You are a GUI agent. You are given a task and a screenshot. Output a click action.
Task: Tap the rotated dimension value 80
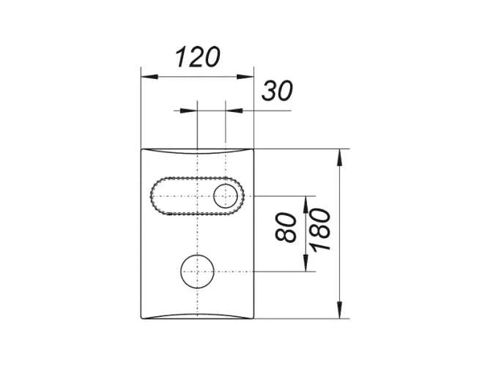pyautogui.click(x=288, y=228)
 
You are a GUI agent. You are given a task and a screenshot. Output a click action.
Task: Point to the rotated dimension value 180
pyautogui.click(x=321, y=229)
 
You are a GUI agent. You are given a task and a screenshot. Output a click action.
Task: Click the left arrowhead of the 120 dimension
pyautogui.click(x=145, y=75)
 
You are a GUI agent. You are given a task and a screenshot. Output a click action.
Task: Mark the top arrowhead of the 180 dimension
pyautogui.click(x=340, y=154)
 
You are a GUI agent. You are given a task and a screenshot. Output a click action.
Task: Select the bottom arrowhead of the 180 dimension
pyautogui.click(x=340, y=313)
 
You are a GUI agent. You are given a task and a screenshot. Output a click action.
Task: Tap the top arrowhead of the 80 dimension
pyautogui.click(x=306, y=201)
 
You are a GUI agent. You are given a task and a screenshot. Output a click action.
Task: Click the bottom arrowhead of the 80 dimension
pyautogui.click(x=306, y=266)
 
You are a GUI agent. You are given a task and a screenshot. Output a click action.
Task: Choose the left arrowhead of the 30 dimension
pyautogui.click(x=193, y=111)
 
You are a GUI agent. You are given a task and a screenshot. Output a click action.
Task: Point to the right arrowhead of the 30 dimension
pyautogui.click(x=231, y=111)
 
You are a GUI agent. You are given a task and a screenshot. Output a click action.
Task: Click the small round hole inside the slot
pyautogui.click(x=225, y=196)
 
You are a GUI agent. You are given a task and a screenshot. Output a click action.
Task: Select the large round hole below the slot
pyautogui.click(x=197, y=272)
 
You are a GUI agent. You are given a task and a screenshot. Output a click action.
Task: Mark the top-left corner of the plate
pyautogui.click(x=141, y=149)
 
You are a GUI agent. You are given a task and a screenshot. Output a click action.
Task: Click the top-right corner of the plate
pyautogui.click(x=253, y=149)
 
